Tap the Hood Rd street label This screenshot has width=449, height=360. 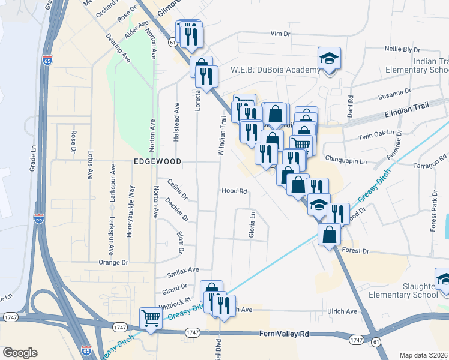(235, 191)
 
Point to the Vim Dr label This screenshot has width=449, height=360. (280, 34)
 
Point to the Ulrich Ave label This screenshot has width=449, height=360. (342, 311)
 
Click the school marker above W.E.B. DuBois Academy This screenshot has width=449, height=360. (329, 59)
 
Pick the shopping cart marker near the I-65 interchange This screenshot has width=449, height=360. (151, 317)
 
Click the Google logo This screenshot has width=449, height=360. (20, 353)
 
